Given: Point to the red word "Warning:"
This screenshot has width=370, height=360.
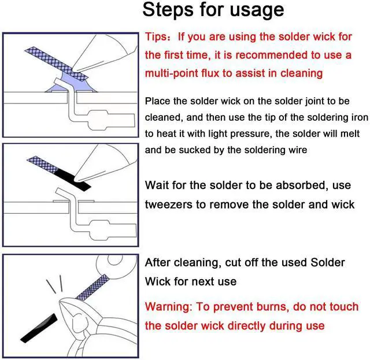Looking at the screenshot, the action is (168, 306).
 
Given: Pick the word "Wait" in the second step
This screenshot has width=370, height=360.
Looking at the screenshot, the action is (157, 185).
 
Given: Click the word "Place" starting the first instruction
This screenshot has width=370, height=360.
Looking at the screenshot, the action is (158, 101).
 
